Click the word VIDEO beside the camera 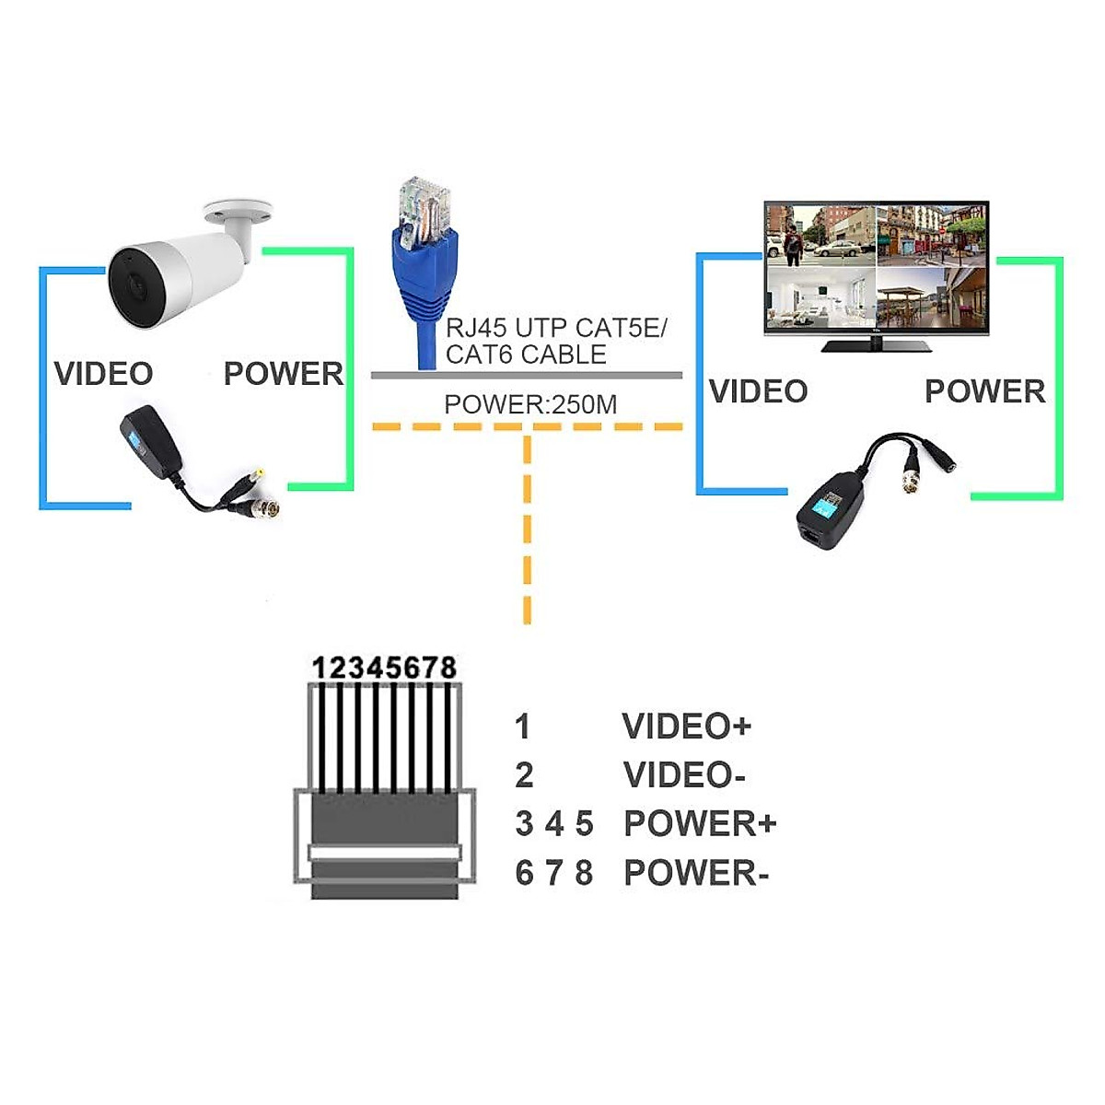pyautogui.click(x=103, y=374)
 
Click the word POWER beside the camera pyautogui.click(x=283, y=374)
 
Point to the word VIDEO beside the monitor pyautogui.click(x=758, y=391)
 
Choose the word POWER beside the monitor pyautogui.click(x=984, y=391)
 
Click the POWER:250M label pyautogui.click(x=530, y=404)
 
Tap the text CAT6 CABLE pyautogui.click(x=526, y=355)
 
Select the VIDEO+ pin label pyautogui.click(x=687, y=727)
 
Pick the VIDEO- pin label pyautogui.click(x=684, y=775)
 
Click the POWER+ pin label pyautogui.click(x=700, y=824)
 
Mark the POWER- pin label pyautogui.click(x=696, y=873)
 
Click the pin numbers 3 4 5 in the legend pyautogui.click(x=554, y=824)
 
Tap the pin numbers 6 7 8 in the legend pyautogui.click(x=554, y=873)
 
